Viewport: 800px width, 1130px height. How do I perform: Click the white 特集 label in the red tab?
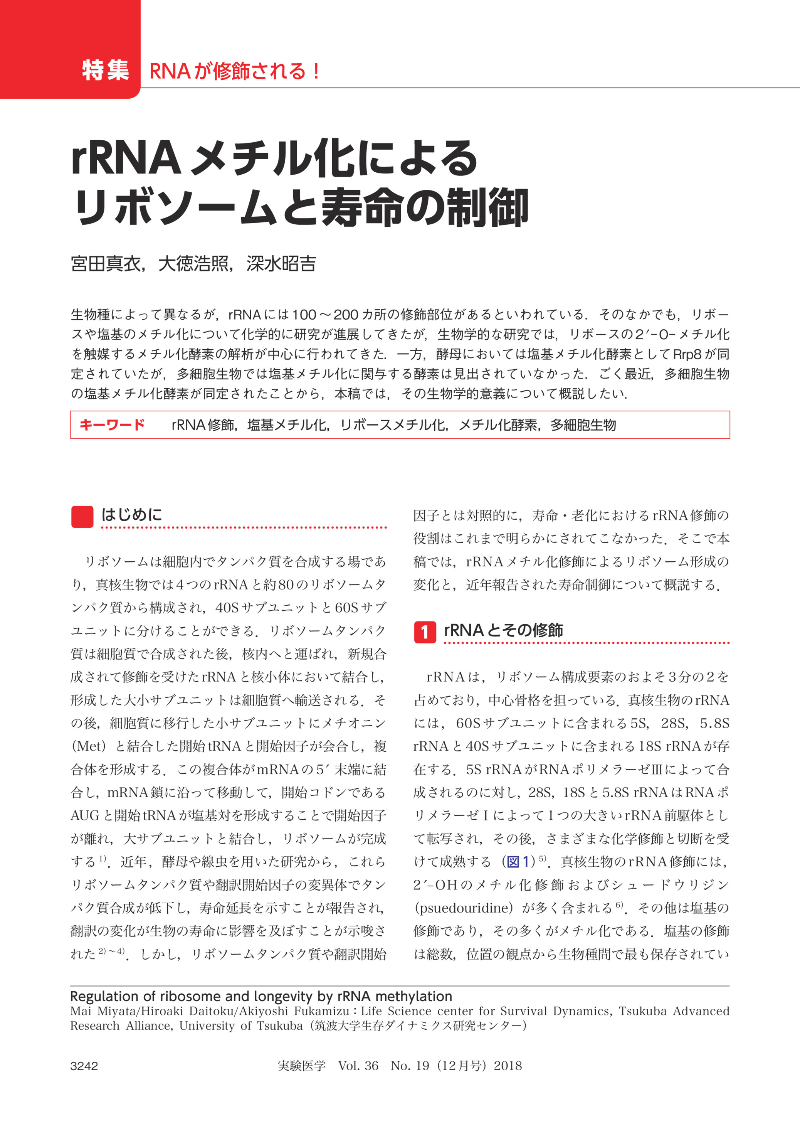tap(106, 71)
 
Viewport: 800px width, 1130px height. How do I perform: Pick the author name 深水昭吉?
tap(281, 264)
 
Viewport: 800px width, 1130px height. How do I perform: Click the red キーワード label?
tap(112, 425)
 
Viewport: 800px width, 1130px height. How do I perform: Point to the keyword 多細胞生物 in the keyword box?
tap(583, 425)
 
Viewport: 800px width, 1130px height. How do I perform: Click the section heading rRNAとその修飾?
tap(503, 630)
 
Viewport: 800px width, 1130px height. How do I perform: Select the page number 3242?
tap(84, 1066)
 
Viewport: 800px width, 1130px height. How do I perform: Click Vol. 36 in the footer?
tap(358, 1066)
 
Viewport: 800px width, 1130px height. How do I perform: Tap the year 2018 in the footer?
tap(508, 1066)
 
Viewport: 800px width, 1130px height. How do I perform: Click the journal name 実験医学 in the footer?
tap(301, 1066)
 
